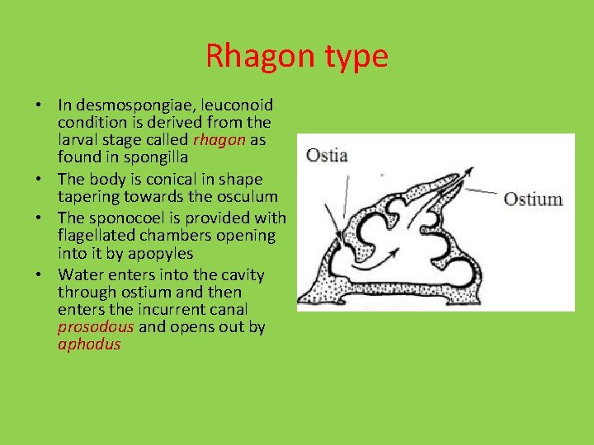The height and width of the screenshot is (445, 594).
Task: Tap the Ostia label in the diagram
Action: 326,155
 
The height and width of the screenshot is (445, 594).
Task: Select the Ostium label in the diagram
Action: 532,199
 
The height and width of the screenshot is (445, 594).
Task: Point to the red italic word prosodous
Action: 96,327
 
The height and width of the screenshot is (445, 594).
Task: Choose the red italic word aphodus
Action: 89,344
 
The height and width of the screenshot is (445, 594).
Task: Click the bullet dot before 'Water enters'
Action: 39,274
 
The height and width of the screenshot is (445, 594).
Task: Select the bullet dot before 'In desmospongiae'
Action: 39,105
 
